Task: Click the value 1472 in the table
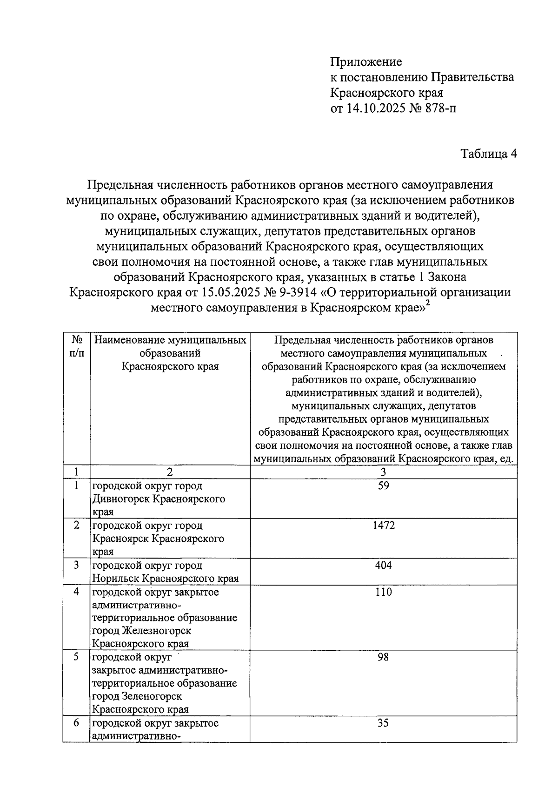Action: tap(384, 526)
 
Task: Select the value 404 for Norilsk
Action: tap(384, 565)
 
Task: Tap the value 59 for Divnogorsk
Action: tap(384, 486)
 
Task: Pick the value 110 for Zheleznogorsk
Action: tap(384, 592)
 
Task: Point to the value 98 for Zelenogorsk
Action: tap(384, 657)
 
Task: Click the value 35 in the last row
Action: tap(384, 723)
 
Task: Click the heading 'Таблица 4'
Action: tap(488, 154)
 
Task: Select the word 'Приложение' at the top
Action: tap(366, 61)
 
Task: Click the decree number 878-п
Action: tap(437, 109)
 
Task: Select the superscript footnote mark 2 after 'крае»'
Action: tap(428, 303)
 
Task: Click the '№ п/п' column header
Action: tap(77, 346)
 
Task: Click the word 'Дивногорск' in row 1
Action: tap(122, 499)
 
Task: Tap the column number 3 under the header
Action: tap(384, 472)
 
